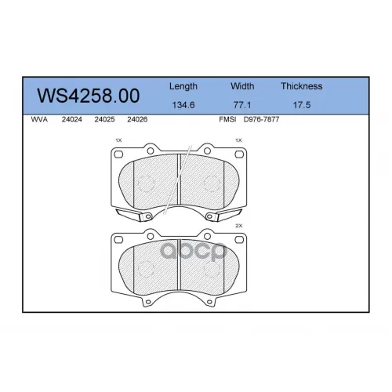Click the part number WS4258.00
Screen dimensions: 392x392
click(89, 96)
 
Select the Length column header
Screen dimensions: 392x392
click(183, 86)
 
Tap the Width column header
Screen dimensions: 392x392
click(242, 86)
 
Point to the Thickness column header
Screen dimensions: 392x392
click(302, 86)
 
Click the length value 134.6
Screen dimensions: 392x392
click(183, 105)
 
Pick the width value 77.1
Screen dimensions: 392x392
click(242, 105)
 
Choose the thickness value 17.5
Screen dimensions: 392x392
click(302, 105)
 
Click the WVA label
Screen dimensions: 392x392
click(39, 119)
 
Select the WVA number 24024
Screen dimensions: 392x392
click(72, 119)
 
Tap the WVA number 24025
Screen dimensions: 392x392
click(104, 119)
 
